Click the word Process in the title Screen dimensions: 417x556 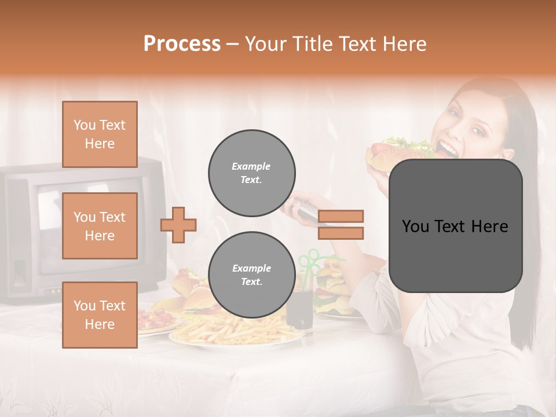pos(182,44)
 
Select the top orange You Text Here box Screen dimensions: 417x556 pos(100,134)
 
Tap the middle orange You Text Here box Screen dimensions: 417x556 pos(100,226)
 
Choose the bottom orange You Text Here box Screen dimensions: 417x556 pos(100,314)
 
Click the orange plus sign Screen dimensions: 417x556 pos(178,225)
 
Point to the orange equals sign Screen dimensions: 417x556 pos(341,225)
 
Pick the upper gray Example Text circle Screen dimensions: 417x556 pos(251,173)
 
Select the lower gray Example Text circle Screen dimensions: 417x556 pos(251,275)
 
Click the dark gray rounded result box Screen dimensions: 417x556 pos(455,226)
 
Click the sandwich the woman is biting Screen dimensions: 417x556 pos(400,152)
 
